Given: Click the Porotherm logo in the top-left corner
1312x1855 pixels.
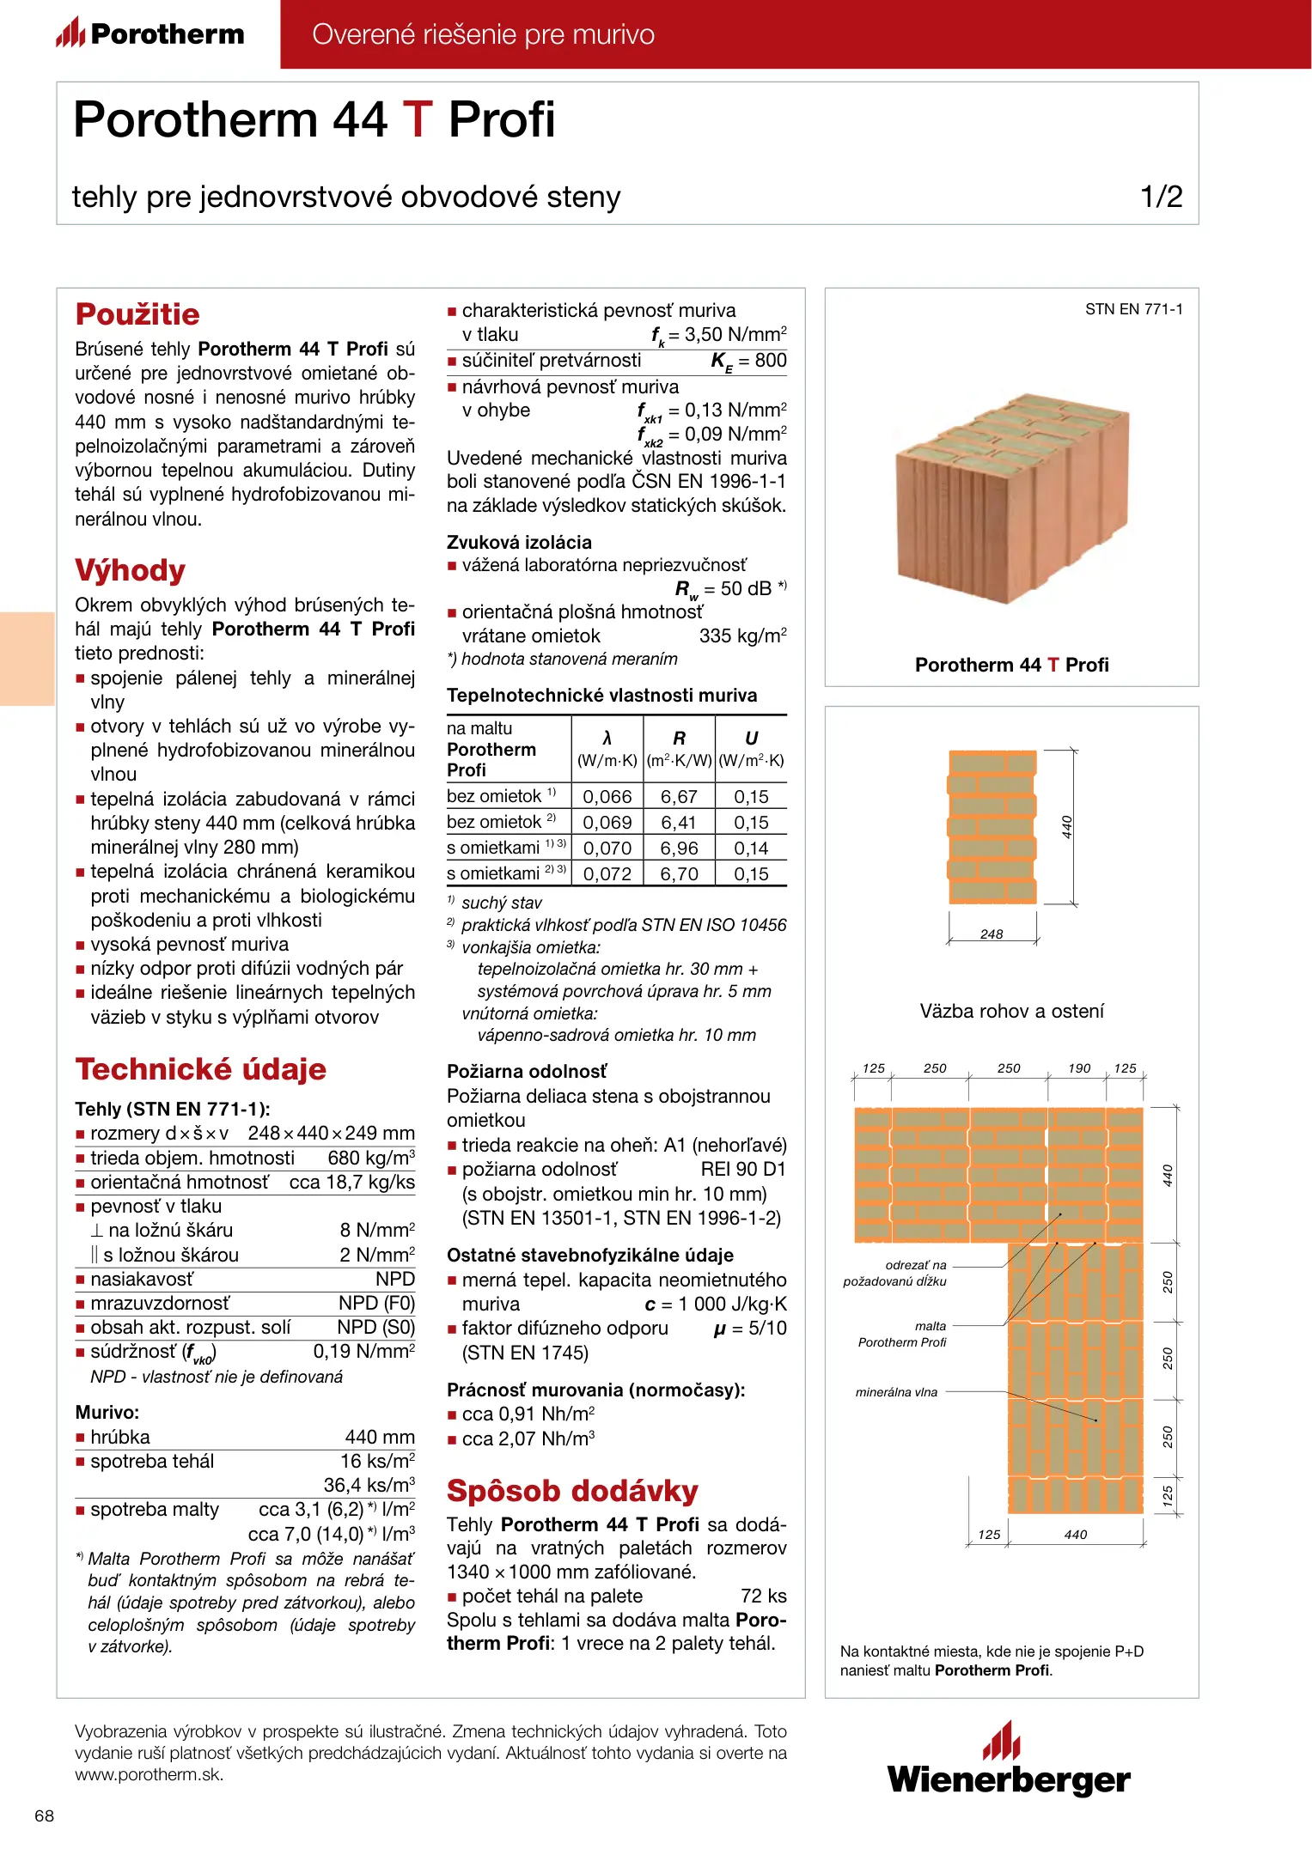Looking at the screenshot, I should [x=151, y=34].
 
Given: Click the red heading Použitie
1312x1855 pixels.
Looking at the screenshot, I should [x=137, y=314].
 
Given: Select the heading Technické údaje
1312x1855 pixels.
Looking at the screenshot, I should [x=201, y=1069].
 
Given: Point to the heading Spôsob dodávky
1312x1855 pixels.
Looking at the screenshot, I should [x=572, y=1491].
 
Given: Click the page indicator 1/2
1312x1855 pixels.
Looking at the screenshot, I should [x=1161, y=197].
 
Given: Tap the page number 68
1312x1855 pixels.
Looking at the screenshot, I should [x=44, y=1815].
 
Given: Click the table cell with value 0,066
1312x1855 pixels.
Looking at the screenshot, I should [x=607, y=797].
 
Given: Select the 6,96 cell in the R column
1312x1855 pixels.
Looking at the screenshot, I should [x=679, y=848].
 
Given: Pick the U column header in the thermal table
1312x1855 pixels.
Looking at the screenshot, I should [x=751, y=739].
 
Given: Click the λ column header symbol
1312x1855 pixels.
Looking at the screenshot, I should [x=607, y=739].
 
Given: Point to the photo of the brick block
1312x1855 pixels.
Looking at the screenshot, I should [x=1011, y=498].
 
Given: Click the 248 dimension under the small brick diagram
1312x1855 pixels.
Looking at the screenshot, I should [x=992, y=934].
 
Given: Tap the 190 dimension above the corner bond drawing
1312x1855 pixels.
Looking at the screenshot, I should [x=1079, y=1068].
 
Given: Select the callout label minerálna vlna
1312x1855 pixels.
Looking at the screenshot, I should [x=896, y=1392].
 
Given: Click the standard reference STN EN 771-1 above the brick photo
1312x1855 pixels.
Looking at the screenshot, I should [x=1133, y=309].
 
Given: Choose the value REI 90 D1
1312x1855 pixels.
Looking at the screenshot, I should [x=743, y=1170].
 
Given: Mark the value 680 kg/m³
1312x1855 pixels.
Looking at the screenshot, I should [x=371, y=1159].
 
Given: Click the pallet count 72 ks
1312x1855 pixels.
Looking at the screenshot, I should [x=763, y=1596].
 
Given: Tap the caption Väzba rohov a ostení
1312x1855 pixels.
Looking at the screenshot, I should [x=1011, y=1011].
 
